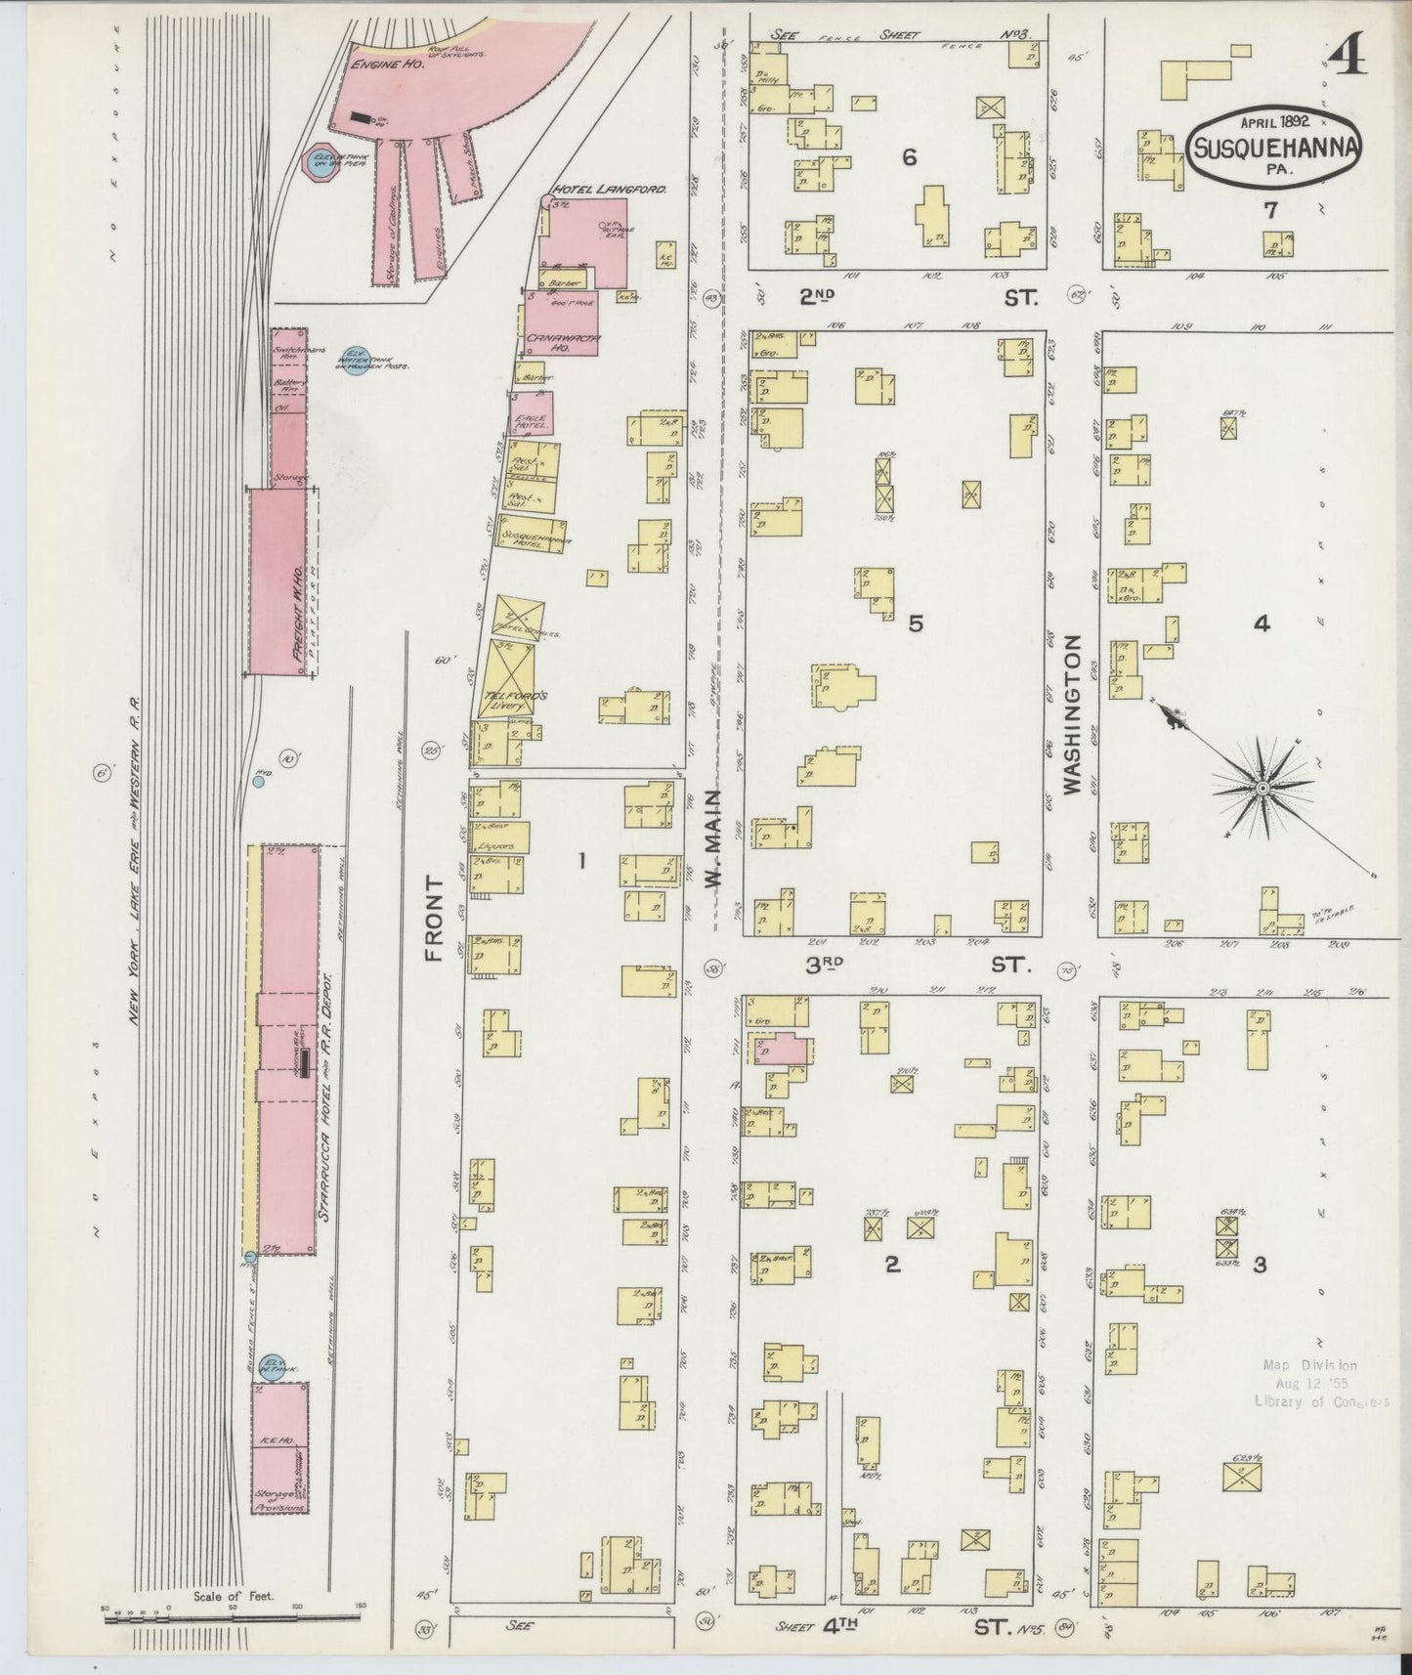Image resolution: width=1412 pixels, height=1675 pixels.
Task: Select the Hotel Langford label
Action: (609, 190)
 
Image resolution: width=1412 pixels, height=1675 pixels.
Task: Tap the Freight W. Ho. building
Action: (278, 581)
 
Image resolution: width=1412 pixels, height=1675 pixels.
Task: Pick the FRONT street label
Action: (436, 918)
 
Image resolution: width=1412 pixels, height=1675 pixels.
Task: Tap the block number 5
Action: (915, 623)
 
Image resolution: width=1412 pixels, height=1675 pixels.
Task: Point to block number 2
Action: (891, 1265)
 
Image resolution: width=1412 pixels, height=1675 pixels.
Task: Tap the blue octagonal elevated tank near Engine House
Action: (321, 164)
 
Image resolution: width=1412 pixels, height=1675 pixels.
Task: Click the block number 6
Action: (909, 157)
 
